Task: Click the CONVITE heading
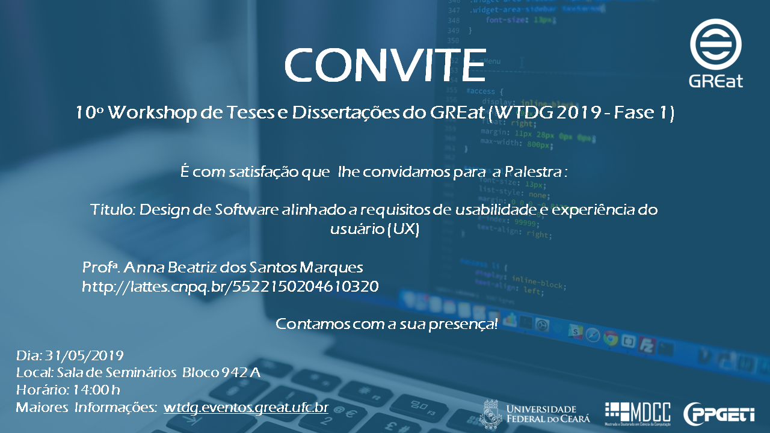tap(385, 66)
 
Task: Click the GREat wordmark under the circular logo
tap(716, 81)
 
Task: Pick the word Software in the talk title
tap(247, 209)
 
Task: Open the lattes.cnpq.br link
tap(230, 286)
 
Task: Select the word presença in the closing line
tap(463, 324)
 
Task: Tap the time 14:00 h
tap(96, 390)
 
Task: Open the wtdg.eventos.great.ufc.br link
tap(246, 408)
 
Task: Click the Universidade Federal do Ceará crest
tap(490, 414)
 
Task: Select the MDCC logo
tap(638, 414)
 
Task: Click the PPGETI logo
tap(719, 414)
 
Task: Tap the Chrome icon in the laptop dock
tap(611, 339)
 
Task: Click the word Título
tap(112, 209)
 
